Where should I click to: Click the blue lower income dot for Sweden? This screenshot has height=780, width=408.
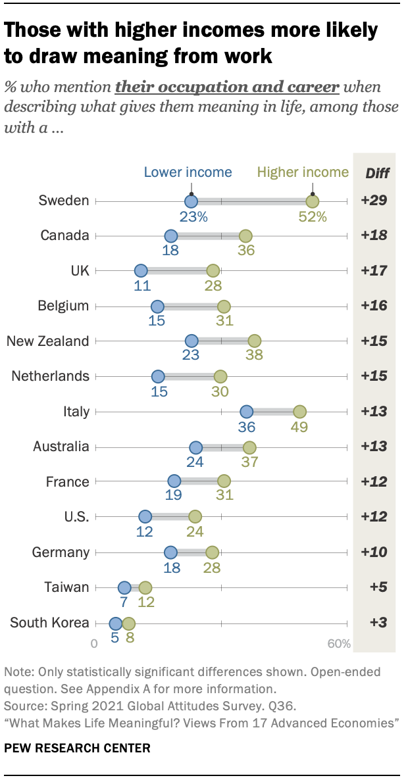191,201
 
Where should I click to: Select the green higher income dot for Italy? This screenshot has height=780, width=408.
299,412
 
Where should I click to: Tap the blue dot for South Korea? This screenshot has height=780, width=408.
116,623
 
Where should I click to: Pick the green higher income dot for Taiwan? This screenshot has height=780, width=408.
145,587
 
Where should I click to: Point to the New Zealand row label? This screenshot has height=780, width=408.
47,341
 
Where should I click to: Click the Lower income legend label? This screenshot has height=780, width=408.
188,172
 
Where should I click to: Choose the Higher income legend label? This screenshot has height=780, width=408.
303,172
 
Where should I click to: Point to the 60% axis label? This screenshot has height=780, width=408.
339,643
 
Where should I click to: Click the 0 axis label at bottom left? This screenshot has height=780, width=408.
95,643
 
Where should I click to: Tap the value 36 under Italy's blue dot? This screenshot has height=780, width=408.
246,427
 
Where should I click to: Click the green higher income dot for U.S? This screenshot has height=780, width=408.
195,517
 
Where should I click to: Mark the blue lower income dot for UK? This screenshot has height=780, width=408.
141,271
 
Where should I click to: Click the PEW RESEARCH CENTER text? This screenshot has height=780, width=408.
77,748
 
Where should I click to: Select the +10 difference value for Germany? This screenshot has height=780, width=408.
374,552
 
